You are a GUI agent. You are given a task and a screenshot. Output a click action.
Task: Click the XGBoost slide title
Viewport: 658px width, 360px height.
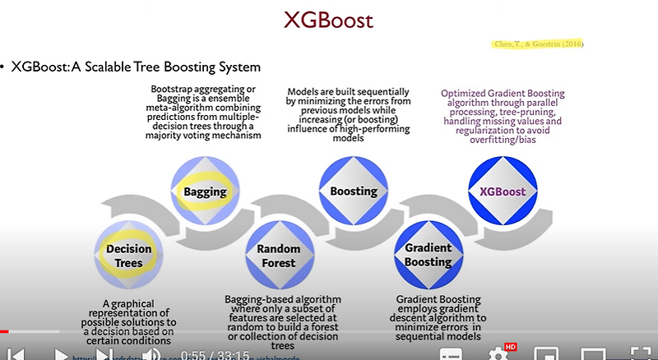(329, 20)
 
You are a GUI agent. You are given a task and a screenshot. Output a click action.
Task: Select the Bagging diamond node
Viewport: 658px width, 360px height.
(205, 192)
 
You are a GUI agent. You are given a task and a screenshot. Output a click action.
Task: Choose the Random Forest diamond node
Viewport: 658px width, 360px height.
(278, 256)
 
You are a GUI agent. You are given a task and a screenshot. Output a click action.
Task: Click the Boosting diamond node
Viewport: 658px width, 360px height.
(353, 192)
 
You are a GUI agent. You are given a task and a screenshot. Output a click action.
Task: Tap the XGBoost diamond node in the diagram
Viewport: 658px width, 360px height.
(502, 192)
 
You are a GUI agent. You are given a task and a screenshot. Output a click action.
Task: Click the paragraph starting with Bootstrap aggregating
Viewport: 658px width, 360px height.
(205, 113)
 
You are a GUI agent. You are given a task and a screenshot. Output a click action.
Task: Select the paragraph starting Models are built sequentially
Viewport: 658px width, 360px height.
(353, 115)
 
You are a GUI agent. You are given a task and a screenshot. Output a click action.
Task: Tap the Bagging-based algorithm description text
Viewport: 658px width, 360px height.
(282, 321)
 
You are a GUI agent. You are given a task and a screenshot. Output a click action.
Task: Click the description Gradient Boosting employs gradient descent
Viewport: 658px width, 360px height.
(441, 316)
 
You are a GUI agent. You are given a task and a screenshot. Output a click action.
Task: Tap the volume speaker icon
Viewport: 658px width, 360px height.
(151, 354)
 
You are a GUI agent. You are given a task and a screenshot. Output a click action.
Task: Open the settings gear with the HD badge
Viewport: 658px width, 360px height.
(498, 354)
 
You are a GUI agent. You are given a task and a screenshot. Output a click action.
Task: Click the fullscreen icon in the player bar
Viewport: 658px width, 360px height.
(638, 354)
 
